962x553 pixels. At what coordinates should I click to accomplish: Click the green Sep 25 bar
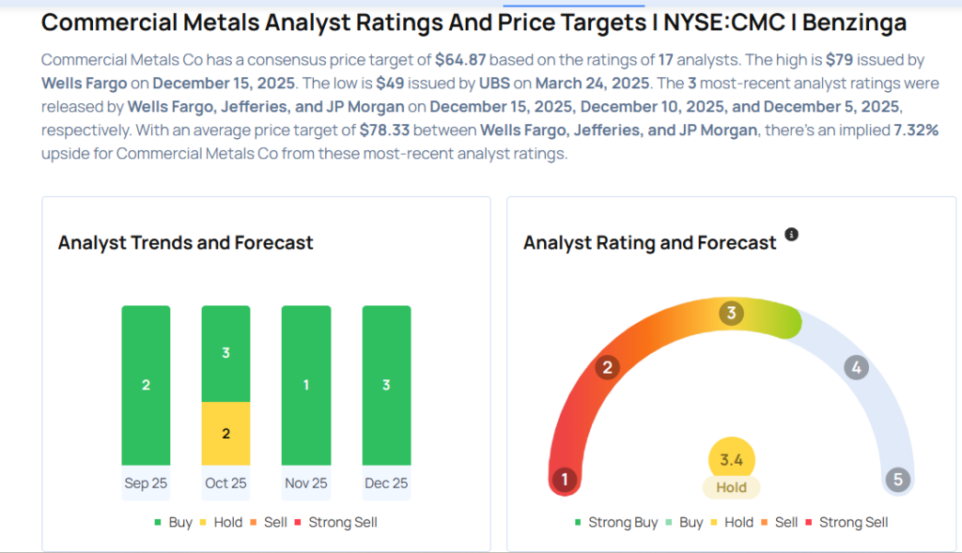pyautogui.click(x=146, y=385)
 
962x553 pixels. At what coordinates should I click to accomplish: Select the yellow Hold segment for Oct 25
pyautogui.click(x=225, y=433)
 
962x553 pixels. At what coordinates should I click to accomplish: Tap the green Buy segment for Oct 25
pyautogui.click(x=225, y=354)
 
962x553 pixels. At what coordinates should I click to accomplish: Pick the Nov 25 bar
pyautogui.click(x=306, y=385)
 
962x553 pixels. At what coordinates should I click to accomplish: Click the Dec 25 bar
pyautogui.click(x=386, y=385)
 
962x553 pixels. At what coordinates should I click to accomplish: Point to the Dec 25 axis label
pyautogui.click(x=386, y=483)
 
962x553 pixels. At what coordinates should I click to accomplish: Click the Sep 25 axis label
pyautogui.click(x=146, y=483)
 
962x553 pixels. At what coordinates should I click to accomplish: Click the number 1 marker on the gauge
pyautogui.click(x=565, y=480)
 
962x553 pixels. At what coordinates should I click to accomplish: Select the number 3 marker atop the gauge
pyautogui.click(x=731, y=313)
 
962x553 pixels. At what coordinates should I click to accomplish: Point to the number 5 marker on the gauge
pyautogui.click(x=897, y=480)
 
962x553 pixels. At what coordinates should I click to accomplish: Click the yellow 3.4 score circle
pyautogui.click(x=731, y=460)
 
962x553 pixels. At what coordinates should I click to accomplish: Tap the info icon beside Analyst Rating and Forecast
pyautogui.click(x=791, y=235)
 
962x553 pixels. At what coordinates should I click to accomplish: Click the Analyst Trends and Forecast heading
pyautogui.click(x=185, y=242)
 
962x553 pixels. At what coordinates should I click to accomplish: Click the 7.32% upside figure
pyautogui.click(x=915, y=131)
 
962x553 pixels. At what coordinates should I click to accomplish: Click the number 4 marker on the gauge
pyautogui.click(x=855, y=367)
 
